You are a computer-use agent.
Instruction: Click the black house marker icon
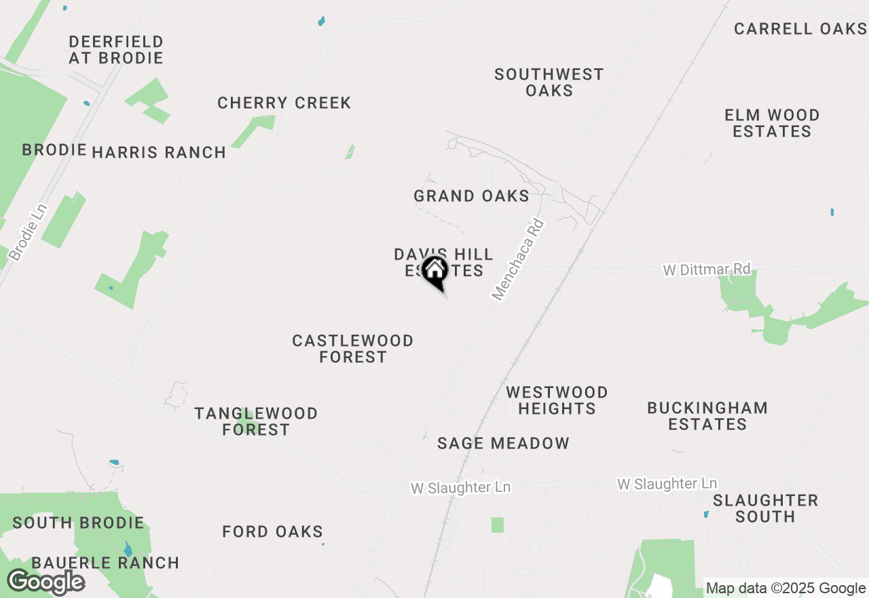tap(435, 272)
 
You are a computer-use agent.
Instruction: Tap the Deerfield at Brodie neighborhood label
tap(116, 50)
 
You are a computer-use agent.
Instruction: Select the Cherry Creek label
tap(284, 103)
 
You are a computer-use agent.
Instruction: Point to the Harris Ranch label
tap(159, 152)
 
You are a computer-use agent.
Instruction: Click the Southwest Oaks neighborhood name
tap(549, 82)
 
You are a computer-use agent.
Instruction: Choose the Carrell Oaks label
tap(800, 29)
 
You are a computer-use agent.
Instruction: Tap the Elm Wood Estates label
tap(772, 123)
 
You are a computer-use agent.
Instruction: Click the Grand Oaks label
tap(471, 196)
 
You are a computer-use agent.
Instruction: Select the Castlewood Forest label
tap(352, 349)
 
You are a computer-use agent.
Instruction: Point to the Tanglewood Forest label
tap(256, 421)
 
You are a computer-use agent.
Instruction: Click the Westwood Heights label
tap(557, 400)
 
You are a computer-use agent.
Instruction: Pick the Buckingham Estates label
tap(707, 416)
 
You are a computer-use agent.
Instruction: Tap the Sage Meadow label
tap(503, 444)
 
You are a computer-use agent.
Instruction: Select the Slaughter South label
tap(765, 508)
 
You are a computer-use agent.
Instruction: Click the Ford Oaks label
tap(272, 531)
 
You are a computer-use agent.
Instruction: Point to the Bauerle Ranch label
tap(105, 563)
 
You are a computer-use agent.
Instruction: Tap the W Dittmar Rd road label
tap(706, 270)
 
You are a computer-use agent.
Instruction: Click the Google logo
tap(45, 582)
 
